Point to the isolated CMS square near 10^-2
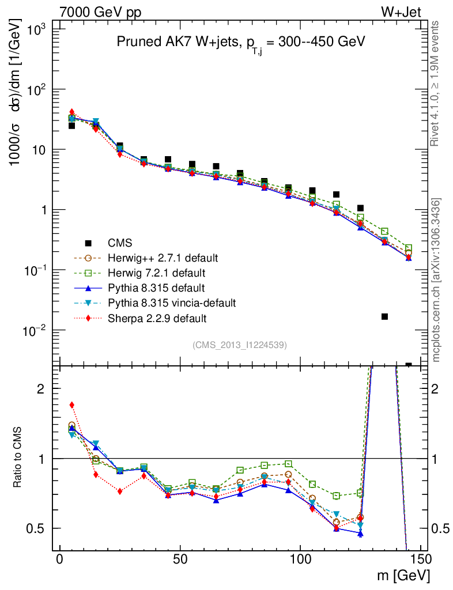(x=384, y=316)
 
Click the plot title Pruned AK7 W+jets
(x=241, y=42)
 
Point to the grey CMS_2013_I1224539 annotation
(x=240, y=345)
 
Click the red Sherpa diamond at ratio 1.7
(x=72, y=405)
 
